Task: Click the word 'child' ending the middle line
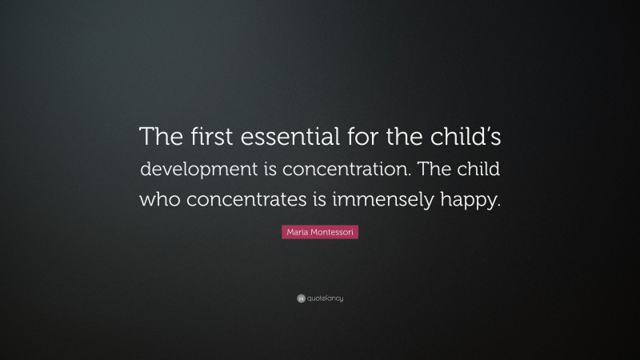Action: point(480,170)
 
